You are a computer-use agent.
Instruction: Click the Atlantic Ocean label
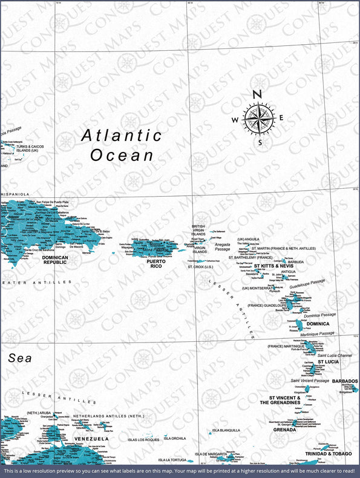[122, 145]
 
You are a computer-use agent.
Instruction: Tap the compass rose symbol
[257, 118]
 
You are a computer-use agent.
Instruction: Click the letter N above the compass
[257, 94]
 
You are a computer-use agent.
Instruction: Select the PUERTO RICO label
[156, 263]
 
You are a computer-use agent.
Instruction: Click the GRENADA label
[284, 430]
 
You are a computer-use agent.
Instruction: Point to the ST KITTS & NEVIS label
[273, 266]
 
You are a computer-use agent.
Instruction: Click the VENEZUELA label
[91, 438]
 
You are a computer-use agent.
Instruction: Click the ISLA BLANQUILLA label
[226, 430]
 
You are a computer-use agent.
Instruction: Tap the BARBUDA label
[296, 262]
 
